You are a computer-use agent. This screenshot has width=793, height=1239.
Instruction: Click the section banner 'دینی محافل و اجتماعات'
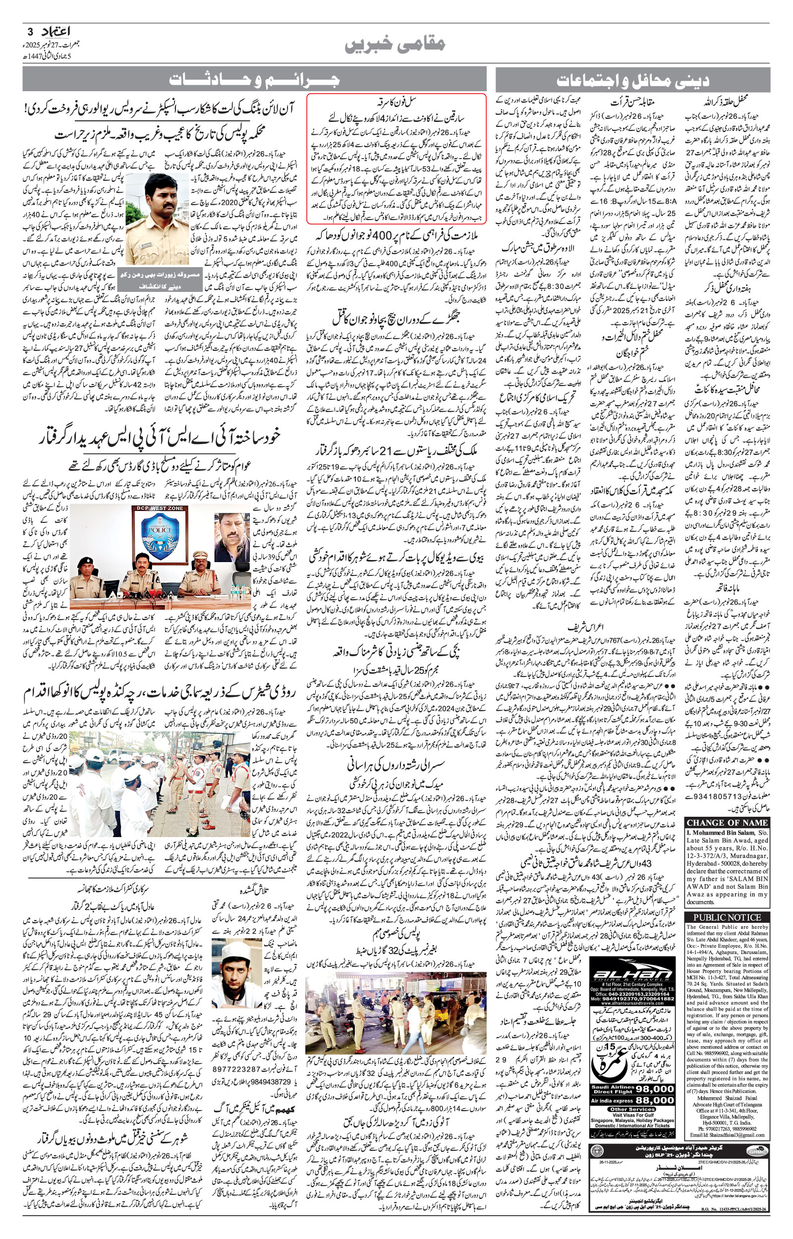coord(632,80)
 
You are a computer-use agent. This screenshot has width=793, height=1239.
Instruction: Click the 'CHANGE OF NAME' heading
coord(727,823)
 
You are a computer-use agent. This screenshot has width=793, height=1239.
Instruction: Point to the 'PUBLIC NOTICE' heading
coord(727,917)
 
